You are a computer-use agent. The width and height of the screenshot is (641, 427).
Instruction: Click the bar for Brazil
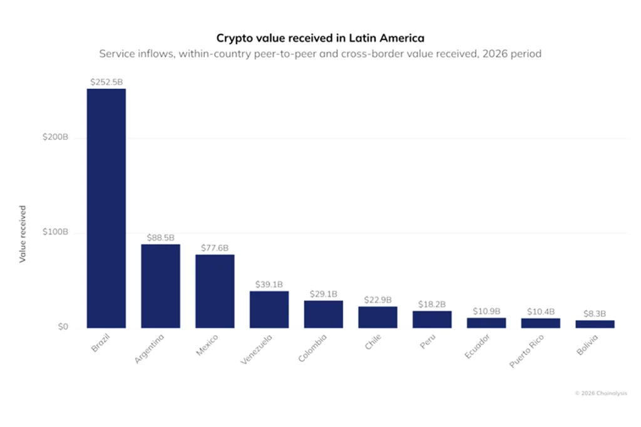[x=106, y=208]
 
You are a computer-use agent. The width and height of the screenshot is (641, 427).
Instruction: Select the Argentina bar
[x=161, y=286]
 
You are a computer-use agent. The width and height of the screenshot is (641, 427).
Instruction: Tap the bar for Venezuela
[x=269, y=309]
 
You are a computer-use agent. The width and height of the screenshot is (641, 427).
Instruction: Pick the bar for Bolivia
[x=595, y=324]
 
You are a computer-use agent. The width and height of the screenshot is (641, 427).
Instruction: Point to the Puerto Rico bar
[x=540, y=323]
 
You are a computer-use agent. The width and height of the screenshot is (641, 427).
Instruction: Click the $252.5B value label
[x=106, y=82]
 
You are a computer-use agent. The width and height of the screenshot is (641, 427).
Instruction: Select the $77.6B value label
[x=215, y=248]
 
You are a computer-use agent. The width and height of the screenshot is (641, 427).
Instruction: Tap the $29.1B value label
[x=324, y=294]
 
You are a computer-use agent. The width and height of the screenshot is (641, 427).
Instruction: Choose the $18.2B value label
[x=432, y=304]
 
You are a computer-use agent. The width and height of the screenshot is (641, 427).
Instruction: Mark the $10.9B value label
[x=486, y=311]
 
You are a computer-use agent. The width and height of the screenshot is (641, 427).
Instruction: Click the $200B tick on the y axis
[x=55, y=137]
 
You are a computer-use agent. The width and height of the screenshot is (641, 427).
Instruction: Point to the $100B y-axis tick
[x=55, y=232]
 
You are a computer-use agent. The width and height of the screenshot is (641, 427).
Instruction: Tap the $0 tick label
[x=63, y=326]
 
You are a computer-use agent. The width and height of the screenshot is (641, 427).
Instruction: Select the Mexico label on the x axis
[x=207, y=345]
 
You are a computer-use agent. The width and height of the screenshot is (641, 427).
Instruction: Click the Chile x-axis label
[x=373, y=342]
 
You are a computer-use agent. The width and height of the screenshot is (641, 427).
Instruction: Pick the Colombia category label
[x=312, y=348]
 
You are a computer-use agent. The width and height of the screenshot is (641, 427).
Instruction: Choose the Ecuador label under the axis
[x=477, y=346]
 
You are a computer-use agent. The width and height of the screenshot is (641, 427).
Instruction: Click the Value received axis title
[x=23, y=234]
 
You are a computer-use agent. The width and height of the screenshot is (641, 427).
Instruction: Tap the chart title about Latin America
[x=320, y=38]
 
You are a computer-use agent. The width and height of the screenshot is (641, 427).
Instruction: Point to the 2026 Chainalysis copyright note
[x=601, y=393]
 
